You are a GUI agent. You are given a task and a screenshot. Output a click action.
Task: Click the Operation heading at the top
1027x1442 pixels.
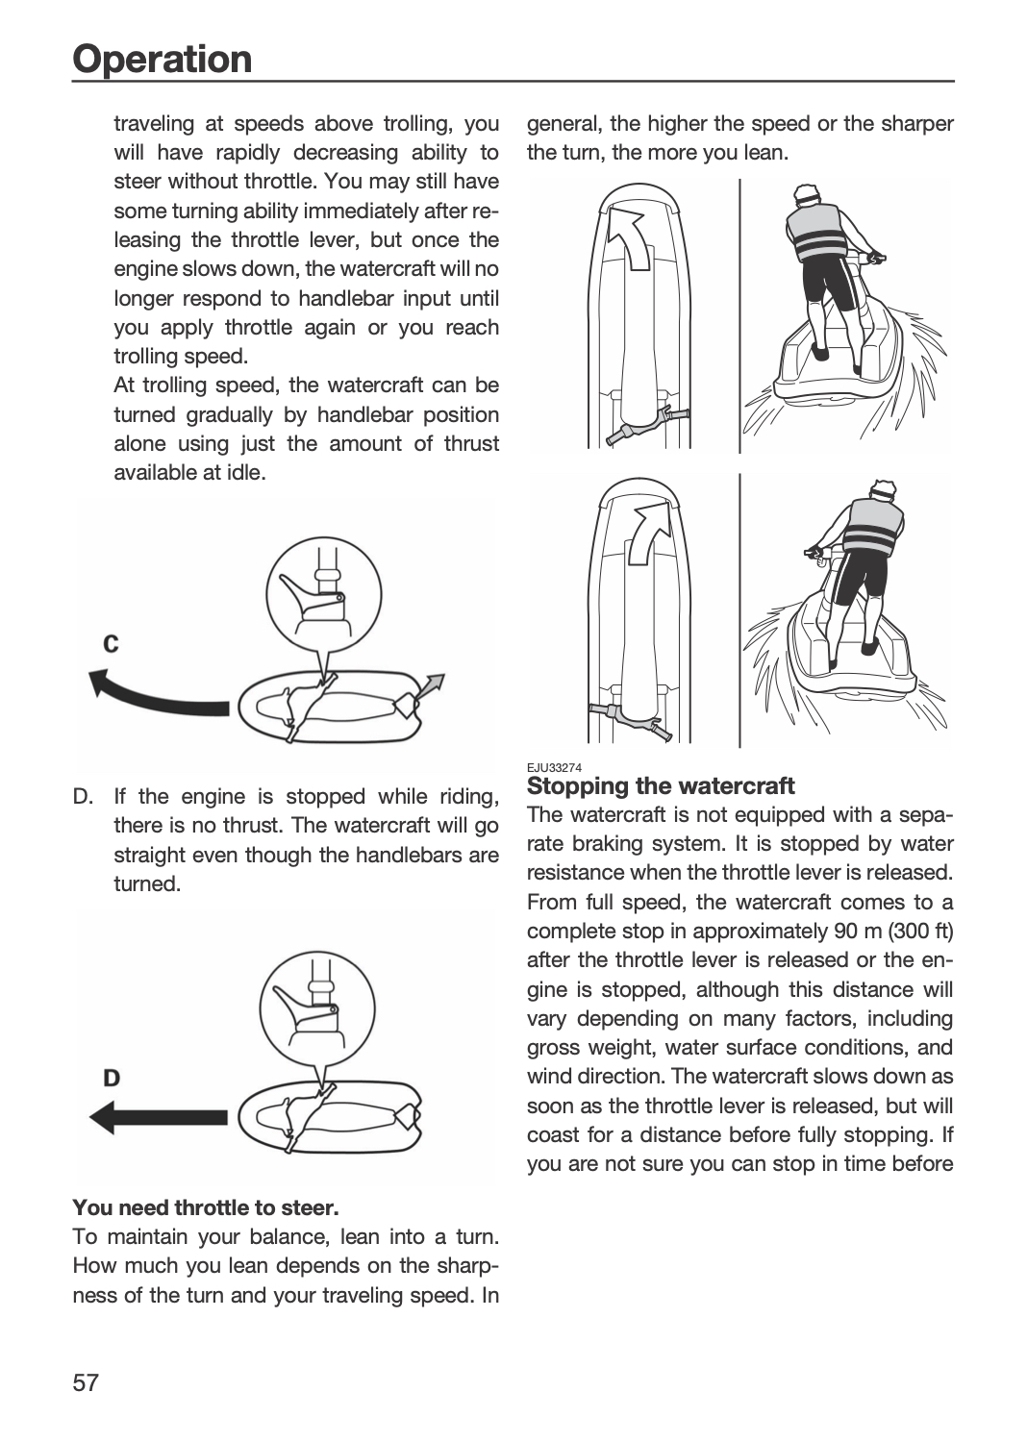(163, 59)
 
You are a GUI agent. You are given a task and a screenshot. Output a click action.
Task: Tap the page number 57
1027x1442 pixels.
(86, 1382)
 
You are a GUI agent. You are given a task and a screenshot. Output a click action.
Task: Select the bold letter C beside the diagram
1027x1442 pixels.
(111, 643)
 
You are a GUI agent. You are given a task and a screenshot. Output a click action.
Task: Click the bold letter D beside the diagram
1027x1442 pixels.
(112, 1078)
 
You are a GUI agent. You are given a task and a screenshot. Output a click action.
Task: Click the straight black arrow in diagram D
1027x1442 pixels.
(159, 1117)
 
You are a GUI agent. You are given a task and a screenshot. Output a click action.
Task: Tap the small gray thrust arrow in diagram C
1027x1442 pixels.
(431, 686)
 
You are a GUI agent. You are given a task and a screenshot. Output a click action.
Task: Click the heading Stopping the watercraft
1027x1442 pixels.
(661, 786)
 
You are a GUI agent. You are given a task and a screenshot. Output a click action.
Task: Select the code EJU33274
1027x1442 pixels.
(555, 767)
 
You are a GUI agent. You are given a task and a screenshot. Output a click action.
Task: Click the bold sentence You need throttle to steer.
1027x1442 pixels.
(206, 1207)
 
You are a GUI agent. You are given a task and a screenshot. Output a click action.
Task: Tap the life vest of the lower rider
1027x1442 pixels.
(872, 526)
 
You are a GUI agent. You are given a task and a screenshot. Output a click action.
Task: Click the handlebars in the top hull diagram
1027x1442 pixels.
(648, 423)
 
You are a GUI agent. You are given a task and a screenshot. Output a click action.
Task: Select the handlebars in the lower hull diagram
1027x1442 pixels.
(631, 719)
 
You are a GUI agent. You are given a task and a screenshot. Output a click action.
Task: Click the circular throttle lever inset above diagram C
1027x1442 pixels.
(324, 595)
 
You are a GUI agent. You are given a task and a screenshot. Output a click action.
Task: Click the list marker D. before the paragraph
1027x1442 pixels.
(83, 796)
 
